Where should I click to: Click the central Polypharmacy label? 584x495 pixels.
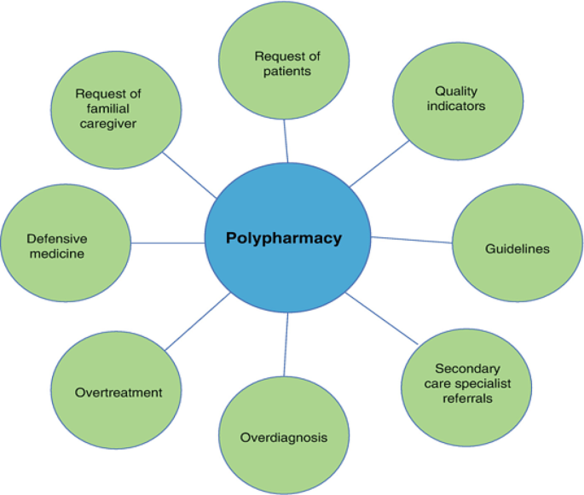[x=284, y=238]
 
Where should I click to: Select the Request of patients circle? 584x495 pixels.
[x=286, y=64]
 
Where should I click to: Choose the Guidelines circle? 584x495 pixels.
[x=518, y=248]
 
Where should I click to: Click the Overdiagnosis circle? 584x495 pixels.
[x=284, y=436]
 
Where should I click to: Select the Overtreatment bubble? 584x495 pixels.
[x=117, y=392]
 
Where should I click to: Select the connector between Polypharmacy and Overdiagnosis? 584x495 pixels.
[x=286, y=345]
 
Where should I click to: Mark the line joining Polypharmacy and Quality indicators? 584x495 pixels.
[x=379, y=163]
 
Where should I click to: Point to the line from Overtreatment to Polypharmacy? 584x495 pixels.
[x=198, y=321]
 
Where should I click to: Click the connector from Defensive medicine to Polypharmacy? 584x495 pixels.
[x=168, y=243]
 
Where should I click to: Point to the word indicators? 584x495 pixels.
[x=456, y=106]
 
